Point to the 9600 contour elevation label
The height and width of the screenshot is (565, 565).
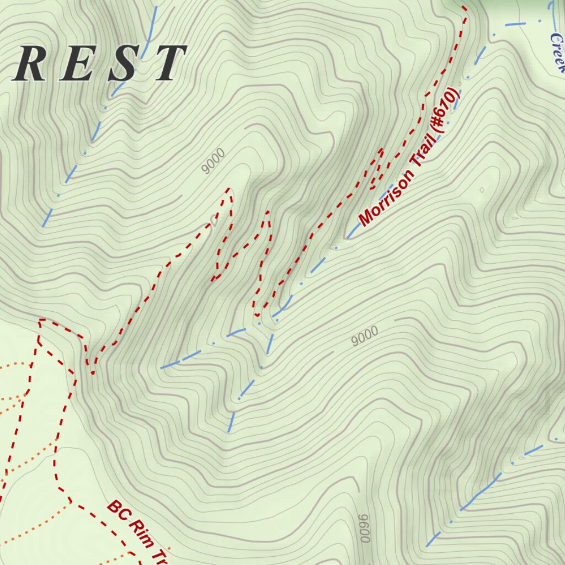364,528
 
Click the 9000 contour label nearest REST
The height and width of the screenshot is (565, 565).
213,161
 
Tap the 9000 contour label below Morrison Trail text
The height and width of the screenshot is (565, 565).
365,335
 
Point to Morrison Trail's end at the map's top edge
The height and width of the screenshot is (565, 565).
464,8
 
